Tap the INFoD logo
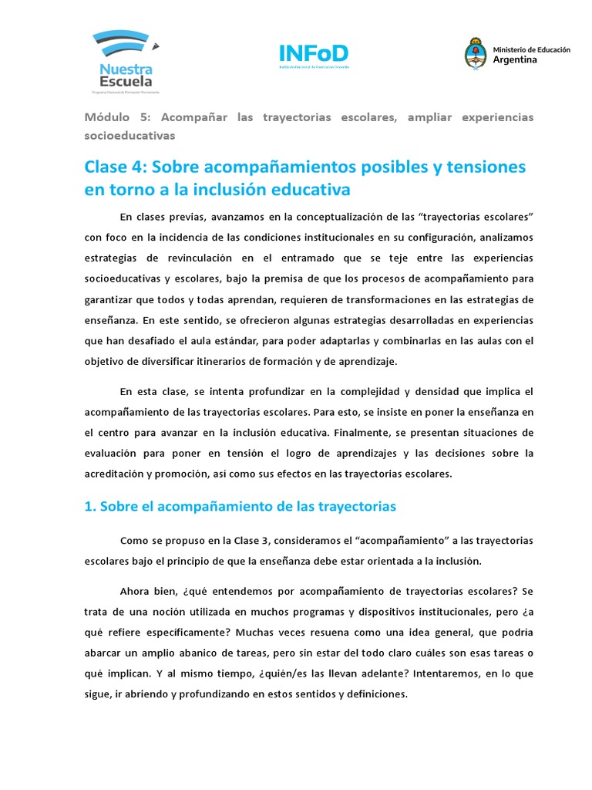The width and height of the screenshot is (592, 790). [x=313, y=56]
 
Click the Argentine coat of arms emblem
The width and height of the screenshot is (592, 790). [x=475, y=53]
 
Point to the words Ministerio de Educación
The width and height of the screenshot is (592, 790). [x=531, y=49]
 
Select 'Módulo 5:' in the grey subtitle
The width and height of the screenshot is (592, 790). [x=109, y=116]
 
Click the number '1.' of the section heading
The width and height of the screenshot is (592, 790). [x=89, y=506]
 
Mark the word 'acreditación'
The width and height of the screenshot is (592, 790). [x=115, y=474]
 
